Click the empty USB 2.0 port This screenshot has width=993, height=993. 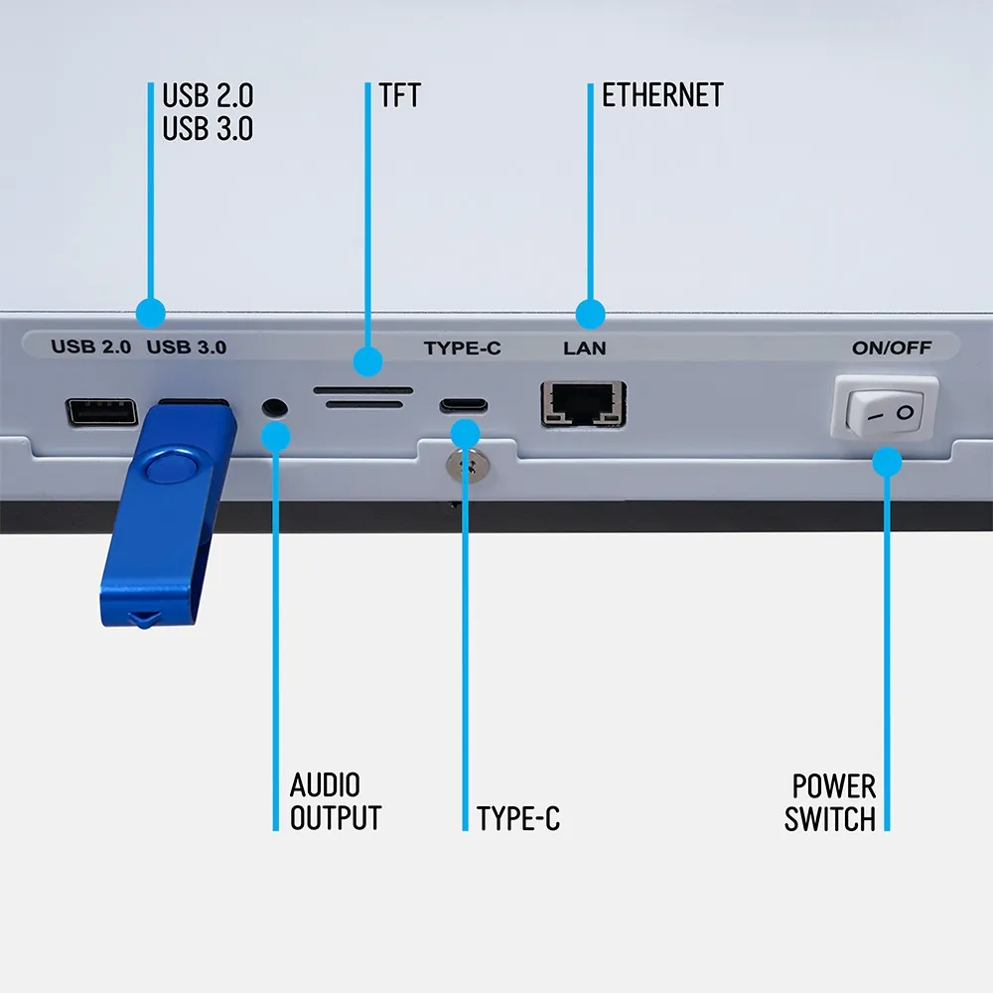[101, 411]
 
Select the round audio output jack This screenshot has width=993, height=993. [275, 407]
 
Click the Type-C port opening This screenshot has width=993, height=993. [464, 406]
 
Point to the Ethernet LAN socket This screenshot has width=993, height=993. [583, 404]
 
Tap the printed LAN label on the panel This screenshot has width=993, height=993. [584, 349]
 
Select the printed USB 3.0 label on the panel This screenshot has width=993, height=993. [187, 348]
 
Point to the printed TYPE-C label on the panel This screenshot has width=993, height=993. [462, 349]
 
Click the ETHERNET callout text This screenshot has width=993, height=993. [662, 95]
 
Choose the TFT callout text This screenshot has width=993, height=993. [399, 95]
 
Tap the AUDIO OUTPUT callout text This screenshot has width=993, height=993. [336, 802]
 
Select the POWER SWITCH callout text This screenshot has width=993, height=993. [830, 802]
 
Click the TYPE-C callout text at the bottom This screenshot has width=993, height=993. [517, 819]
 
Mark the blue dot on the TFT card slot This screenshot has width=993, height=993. [368, 361]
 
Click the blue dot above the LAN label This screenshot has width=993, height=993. [590, 314]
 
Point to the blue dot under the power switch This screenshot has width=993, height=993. [887, 461]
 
